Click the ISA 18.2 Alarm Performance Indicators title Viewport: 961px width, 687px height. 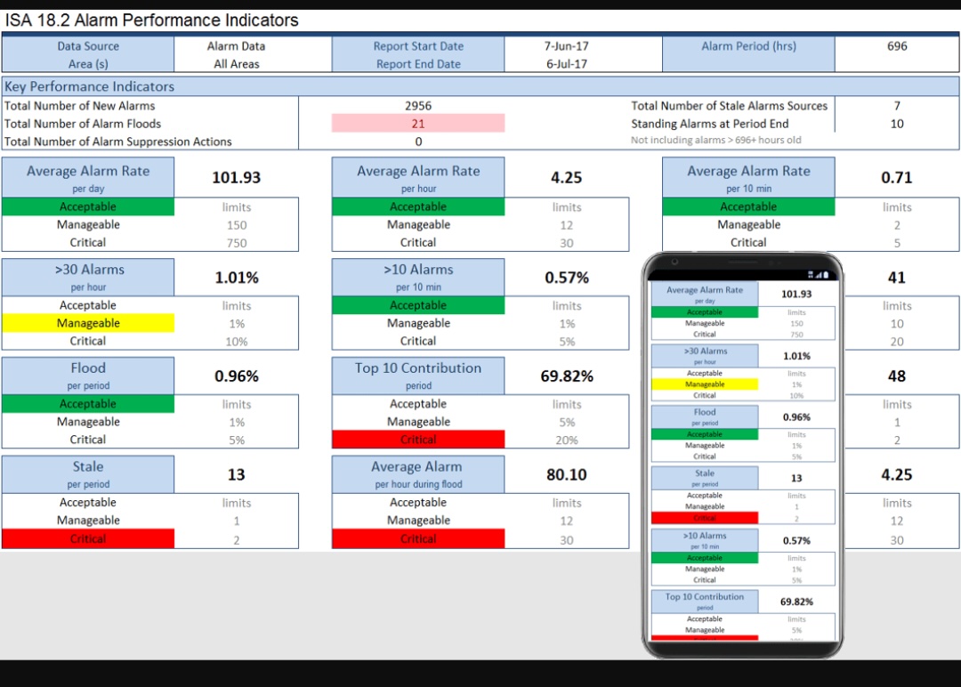[x=152, y=20]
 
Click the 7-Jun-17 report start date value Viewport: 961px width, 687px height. [x=567, y=46]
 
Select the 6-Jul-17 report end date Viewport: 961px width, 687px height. [x=567, y=64]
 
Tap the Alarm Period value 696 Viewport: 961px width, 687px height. [x=897, y=46]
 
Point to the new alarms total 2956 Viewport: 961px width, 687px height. [x=418, y=106]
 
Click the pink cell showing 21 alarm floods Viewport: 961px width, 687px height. [x=418, y=124]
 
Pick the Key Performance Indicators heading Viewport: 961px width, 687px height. [x=90, y=86]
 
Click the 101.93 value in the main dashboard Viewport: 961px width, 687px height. [x=237, y=178]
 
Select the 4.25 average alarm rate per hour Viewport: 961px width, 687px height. [x=567, y=178]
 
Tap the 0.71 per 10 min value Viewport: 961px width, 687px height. [x=897, y=178]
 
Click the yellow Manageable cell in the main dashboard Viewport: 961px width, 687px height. [x=88, y=324]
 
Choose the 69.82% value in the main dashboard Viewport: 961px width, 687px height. [x=567, y=376]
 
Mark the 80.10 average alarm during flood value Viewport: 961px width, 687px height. [x=567, y=475]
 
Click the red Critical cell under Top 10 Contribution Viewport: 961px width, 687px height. [x=418, y=440]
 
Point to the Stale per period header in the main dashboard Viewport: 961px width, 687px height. [x=88, y=474]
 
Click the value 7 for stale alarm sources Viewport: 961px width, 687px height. [x=897, y=106]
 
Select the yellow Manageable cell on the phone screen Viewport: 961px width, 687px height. [x=705, y=384]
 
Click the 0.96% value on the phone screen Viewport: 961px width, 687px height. [x=796, y=417]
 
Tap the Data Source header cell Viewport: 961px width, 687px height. [x=88, y=46]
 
